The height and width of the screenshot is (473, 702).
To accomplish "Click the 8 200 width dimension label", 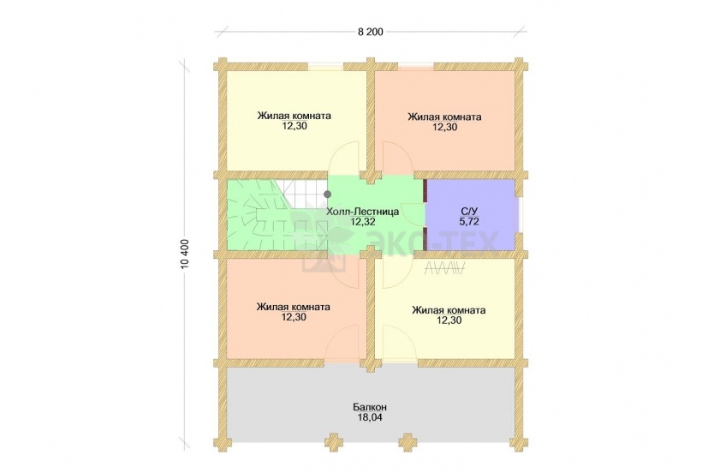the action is (370, 32).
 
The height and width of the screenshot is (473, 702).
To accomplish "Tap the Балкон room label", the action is (370, 408).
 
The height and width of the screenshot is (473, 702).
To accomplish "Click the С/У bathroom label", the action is (469, 211).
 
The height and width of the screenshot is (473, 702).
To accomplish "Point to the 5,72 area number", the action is (469, 221).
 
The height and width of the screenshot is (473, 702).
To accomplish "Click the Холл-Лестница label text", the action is (363, 211).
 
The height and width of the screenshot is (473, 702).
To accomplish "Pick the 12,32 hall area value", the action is (363, 221).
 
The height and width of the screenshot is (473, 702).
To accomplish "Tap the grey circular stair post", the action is (328, 194).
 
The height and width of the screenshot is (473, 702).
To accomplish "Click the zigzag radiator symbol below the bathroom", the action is (445, 268).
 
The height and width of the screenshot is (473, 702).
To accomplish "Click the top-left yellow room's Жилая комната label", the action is (294, 116).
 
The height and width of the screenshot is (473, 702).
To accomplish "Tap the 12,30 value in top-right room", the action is (444, 127).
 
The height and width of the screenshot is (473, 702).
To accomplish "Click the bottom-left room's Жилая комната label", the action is (294, 308).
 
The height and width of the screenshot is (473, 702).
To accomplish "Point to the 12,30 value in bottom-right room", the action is (449, 320).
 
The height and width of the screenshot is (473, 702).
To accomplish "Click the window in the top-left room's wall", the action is (325, 67).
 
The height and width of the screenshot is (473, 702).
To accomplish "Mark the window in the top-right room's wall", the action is (416, 67).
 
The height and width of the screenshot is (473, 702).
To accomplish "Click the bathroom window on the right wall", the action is (520, 214).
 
